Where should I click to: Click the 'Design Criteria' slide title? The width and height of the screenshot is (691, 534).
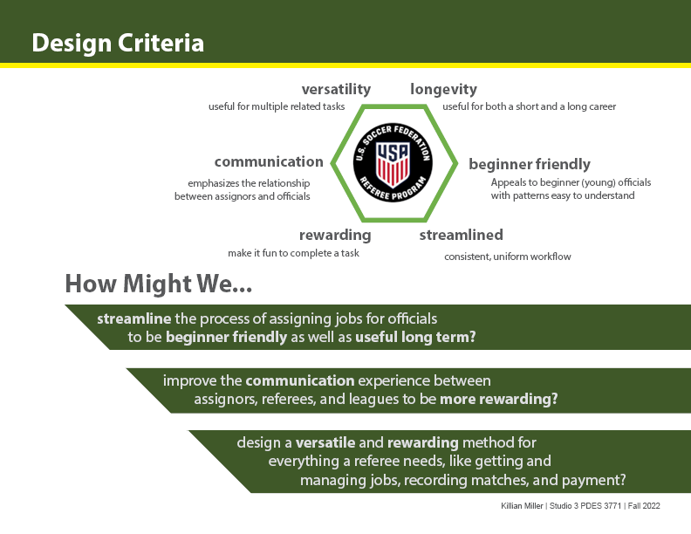[118, 43]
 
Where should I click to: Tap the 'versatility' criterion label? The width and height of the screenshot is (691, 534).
[336, 90]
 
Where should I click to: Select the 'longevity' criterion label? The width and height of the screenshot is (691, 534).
[444, 90]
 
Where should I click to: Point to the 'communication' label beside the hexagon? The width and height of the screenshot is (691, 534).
[269, 161]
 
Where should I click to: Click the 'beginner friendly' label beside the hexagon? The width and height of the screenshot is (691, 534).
[530, 164]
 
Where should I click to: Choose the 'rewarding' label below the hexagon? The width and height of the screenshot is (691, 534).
[335, 236]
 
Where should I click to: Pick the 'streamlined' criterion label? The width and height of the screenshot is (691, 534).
[461, 235]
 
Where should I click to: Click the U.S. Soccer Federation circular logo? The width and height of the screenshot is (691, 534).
[393, 162]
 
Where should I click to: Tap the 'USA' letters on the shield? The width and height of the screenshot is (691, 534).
[393, 153]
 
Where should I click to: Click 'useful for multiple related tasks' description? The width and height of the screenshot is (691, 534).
[277, 106]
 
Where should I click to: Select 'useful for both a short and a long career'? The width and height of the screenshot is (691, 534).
[530, 106]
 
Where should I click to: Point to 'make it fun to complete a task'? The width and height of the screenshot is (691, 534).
[293, 253]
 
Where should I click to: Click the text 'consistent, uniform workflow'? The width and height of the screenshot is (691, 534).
[508, 257]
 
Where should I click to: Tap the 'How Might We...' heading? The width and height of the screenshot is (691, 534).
[159, 284]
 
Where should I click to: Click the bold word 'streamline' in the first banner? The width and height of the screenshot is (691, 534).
[134, 318]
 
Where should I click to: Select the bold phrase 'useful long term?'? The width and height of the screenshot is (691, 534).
[415, 337]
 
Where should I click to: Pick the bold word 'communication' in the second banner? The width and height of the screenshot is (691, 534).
[300, 380]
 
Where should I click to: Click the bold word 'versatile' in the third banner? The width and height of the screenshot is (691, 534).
[325, 442]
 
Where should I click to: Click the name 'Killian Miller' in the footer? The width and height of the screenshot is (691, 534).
[522, 506]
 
